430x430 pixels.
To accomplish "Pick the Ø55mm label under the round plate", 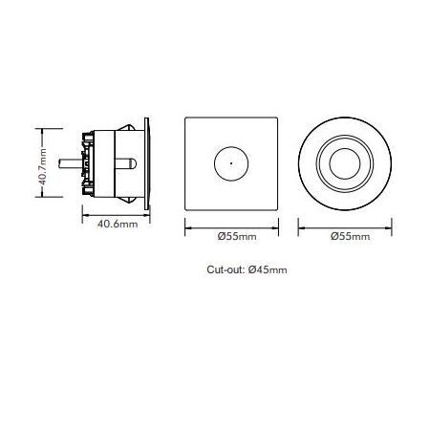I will point(347,235).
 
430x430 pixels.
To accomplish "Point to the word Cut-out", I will point(226,270).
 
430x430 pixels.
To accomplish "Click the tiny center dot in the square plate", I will point(231,163).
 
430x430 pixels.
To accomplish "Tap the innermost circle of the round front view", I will point(347,163).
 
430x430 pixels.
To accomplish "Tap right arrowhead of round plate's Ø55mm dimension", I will point(393,226).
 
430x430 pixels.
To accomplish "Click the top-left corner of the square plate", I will point(184,118).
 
